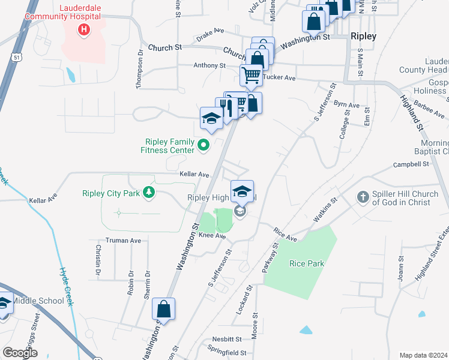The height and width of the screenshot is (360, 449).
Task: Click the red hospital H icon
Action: [84, 29]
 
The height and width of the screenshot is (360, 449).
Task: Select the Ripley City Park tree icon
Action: [148, 193]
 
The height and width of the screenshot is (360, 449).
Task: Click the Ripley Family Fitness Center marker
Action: [204, 144]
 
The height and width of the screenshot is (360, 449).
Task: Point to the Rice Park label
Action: [306, 263]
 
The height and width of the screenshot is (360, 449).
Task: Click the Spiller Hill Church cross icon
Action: [363, 197]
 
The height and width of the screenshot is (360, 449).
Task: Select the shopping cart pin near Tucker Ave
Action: [251, 75]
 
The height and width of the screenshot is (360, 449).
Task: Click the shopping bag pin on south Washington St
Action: [163, 310]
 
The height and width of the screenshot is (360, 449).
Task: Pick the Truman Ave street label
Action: [123, 241]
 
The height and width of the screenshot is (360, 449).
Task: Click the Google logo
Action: [20, 353]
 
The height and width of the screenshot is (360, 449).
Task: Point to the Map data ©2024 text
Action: [423, 355]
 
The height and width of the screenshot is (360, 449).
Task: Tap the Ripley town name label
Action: [363, 37]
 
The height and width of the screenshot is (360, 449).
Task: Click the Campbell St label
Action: [411, 164]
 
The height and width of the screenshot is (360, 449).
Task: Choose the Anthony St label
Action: [209, 65]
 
